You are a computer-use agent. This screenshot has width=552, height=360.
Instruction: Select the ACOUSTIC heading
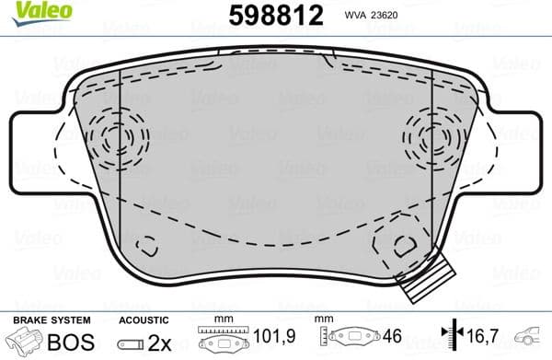144,319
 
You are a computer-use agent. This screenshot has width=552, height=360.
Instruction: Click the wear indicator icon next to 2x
131,342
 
